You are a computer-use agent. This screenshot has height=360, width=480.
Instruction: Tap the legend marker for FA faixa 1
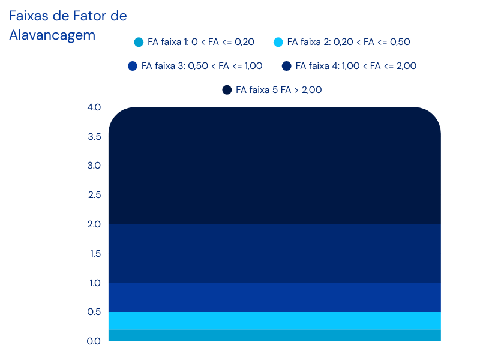[x=139, y=42]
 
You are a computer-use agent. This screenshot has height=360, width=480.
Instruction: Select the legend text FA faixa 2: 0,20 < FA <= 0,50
[x=349, y=42]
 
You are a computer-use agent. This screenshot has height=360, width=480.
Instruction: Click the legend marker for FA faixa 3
[x=133, y=66]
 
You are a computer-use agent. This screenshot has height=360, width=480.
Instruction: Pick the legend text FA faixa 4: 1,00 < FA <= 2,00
[x=356, y=66]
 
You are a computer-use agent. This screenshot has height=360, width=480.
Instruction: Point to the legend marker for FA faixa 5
[x=227, y=90]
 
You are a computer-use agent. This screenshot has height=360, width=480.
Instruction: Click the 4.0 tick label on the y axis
[x=94, y=107]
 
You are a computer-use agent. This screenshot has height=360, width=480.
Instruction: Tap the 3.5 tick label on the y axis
[x=94, y=137]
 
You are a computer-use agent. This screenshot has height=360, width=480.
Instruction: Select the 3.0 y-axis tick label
[x=94, y=166]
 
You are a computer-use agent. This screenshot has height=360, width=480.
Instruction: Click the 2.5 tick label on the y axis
[x=94, y=195]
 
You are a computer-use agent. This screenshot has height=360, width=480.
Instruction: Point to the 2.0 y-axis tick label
[x=94, y=224]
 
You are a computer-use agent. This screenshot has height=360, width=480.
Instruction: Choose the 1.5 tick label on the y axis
[x=94, y=253]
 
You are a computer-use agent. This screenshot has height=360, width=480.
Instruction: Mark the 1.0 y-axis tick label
[x=94, y=283]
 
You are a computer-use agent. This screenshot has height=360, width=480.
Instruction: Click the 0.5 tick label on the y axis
[x=94, y=312]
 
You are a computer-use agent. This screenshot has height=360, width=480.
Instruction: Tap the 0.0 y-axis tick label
[x=94, y=341]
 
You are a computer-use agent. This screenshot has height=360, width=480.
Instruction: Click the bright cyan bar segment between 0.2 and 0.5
[x=274, y=320]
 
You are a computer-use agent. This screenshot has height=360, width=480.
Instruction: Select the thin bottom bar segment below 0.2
[x=274, y=335]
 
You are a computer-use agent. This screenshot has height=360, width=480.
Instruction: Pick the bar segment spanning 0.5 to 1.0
[x=274, y=297]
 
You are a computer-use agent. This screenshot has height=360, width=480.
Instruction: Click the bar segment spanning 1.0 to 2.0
[x=274, y=253]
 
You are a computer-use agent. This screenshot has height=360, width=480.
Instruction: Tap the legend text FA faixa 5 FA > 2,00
[x=279, y=90]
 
